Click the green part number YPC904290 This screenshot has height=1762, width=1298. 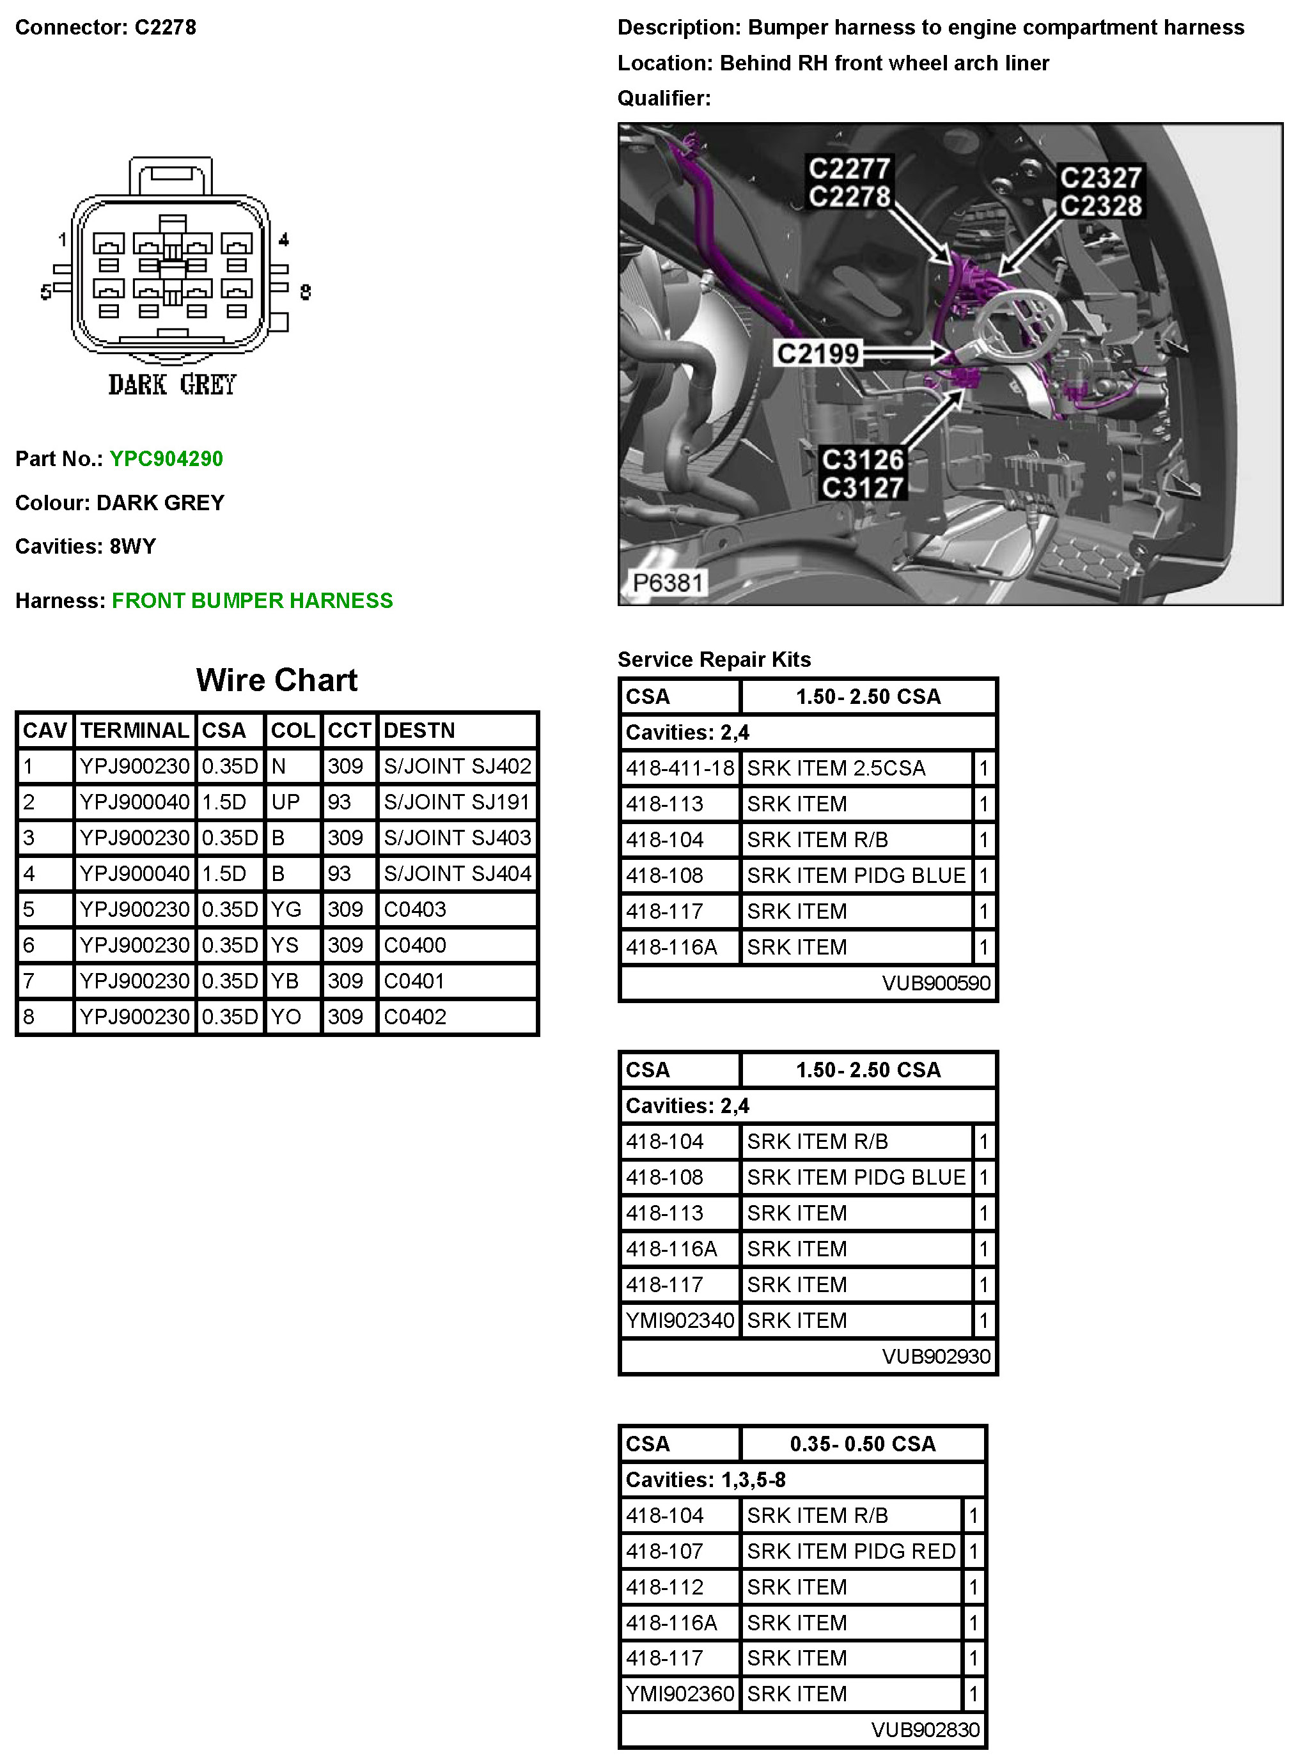(x=166, y=459)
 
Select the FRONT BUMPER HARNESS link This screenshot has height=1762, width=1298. (x=252, y=601)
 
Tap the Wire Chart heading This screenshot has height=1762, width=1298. (x=277, y=680)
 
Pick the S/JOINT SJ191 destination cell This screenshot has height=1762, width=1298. (x=457, y=802)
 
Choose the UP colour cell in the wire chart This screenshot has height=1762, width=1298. (x=285, y=802)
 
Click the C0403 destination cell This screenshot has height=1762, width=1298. (x=415, y=910)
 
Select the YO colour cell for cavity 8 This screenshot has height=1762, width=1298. (x=285, y=1017)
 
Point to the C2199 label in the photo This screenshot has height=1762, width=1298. (x=818, y=354)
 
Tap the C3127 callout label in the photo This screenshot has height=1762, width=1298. (x=863, y=488)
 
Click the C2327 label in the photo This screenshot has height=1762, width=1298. (x=1100, y=178)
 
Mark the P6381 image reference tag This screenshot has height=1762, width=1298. (x=667, y=583)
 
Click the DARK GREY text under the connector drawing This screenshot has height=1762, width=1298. (x=172, y=385)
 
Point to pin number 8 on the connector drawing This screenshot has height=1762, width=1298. (x=306, y=292)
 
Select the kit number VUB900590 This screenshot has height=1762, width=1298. (x=936, y=983)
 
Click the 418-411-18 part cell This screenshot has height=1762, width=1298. (x=680, y=768)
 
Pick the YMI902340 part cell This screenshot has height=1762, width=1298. (x=680, y=1320)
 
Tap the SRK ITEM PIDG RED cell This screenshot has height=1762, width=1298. (x=851, y=1552)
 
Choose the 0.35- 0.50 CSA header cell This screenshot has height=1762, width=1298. (x=863, y=1444)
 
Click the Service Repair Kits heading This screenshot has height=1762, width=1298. (x=714, y=660)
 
